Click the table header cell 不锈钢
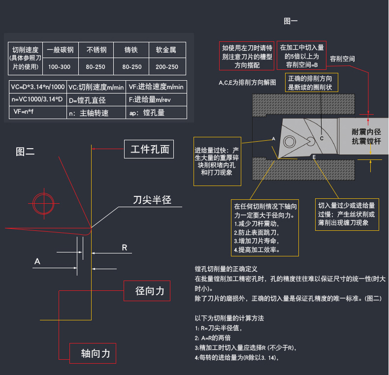pos(97,50)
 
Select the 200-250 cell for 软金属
pos(166,66)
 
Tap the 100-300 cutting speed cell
pos(60,66)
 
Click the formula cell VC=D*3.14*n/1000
pos(37,87)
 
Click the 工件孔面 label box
pos(149,149)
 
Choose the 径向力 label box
pos(149,291)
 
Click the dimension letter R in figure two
pos(125,248)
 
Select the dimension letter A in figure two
pos(37,261)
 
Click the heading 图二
pos(25,152)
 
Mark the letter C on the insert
pos(322,138)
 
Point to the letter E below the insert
pos(314,156)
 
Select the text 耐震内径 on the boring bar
pos(366,132)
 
